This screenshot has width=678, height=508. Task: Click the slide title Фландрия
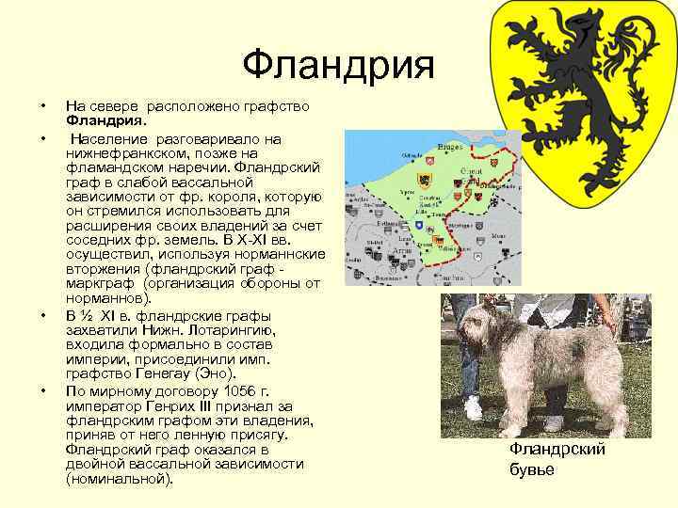[338, 66]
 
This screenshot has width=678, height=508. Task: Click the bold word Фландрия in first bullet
[105, 120]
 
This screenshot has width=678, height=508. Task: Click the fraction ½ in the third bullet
[90, 314]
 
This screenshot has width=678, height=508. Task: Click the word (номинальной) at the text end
[120, 480]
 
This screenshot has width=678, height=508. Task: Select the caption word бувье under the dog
[532, 469]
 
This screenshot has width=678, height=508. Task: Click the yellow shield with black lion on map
[426, 179]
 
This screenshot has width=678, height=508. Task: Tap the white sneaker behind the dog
[473, 407]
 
